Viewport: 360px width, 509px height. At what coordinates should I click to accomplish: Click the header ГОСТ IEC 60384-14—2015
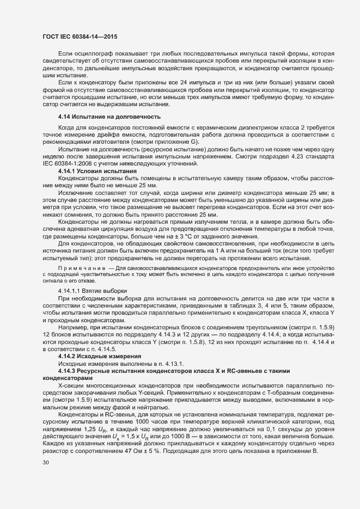(x=80, y=36)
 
